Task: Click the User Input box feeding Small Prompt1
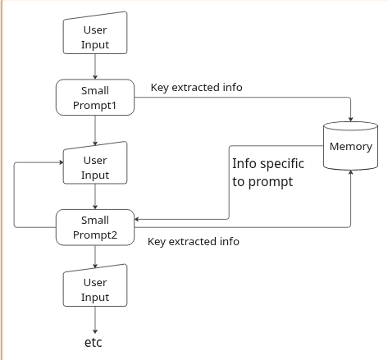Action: click(x=95, y=37)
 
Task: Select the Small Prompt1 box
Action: click(x=95, y=98)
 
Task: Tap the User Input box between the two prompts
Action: click(x=95, y=167)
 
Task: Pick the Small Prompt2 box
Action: click(x=95, y=227)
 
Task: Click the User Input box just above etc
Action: click(x=95, y=289)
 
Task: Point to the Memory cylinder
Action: click(x=350, y=147)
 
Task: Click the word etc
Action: click(x=94, y=341)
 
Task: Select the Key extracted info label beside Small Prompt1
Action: click(x=196, y=88)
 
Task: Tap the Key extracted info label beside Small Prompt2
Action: click(x=194, y=242)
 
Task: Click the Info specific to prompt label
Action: click(x=267, y=172)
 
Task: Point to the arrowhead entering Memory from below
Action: click(x=351, y=175)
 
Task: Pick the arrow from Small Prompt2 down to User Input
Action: click(x=95, y=256)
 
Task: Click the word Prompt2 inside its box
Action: click(x=95, y=235)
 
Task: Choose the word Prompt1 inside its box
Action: click(x=95, y=106)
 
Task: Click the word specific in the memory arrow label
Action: click(x=281, y=163)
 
